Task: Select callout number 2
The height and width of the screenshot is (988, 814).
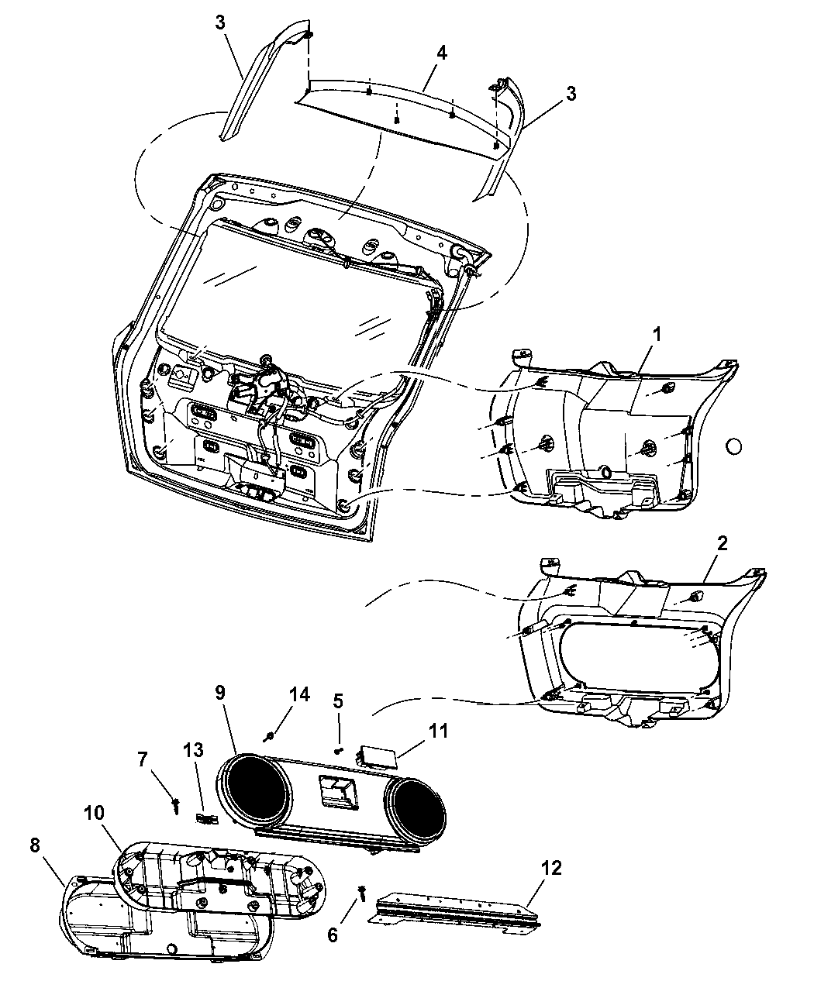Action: (x=721, y=543)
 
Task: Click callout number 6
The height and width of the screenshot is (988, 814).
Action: (x=333, y=936)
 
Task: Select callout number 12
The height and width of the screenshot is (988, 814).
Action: (x=553, y=867)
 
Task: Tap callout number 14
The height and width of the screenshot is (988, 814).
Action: (x=299, y=694)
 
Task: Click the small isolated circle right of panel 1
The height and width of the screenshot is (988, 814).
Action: (x=733, y=446)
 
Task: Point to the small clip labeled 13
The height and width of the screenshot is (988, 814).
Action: (x=205, y=818)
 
